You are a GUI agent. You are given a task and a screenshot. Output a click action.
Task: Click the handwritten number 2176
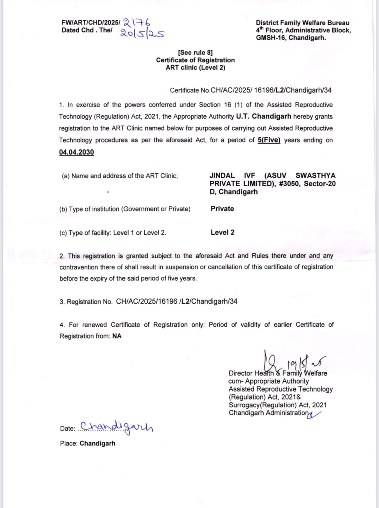click(x=137, y=23)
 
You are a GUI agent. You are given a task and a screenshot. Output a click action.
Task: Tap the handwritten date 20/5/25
click(x=142, y=33)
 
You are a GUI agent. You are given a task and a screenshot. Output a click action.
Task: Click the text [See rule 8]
click(x=195, y=52)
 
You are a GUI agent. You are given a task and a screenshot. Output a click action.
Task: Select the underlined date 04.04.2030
click(x=77, y=152)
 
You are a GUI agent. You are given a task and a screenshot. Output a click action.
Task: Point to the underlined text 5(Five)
click(x=269, y=140)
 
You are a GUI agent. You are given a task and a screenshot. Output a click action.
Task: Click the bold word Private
click(x=222, y=209)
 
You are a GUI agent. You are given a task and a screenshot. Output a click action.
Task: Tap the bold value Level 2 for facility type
click(x=222, y=232)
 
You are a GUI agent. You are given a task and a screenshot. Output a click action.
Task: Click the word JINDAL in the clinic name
click(x=222, y=176)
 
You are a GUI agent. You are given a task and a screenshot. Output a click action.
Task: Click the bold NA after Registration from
click(x=117, y=336)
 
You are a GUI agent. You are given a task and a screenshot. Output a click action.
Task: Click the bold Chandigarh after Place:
click(x=97, y=443)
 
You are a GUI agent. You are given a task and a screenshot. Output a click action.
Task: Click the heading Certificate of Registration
click(x=195, y=60)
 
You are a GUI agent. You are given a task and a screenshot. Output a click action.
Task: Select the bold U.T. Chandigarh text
click(x=264, y=116)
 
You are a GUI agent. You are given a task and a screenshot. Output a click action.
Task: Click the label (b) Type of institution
click(x=125, y=209)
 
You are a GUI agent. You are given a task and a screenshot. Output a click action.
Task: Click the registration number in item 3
click(x=176, y=302)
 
